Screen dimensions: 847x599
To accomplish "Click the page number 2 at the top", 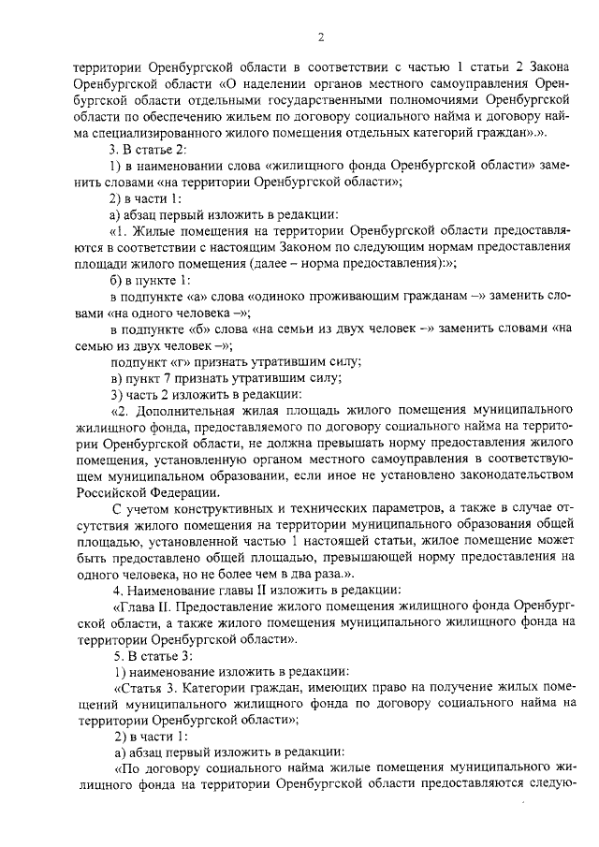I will pyautogui.click(x=320, y=37).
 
